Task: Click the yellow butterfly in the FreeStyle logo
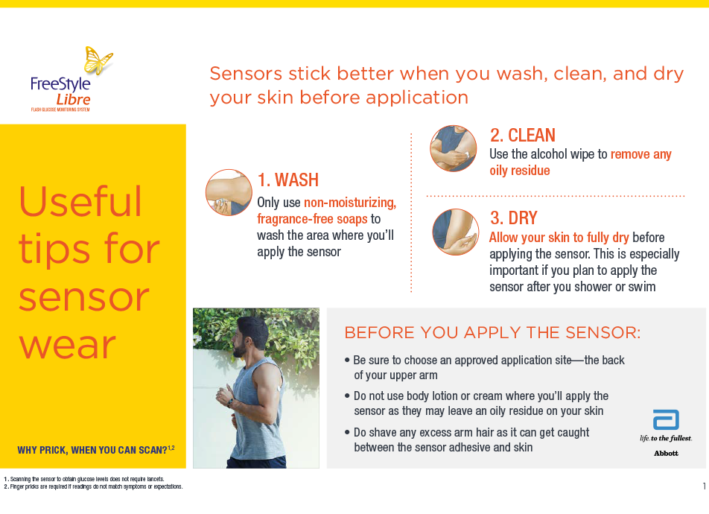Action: point(98,60)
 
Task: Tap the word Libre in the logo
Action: point(73,100)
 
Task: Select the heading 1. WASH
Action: point(288,180)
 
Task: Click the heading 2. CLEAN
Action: point(522,136)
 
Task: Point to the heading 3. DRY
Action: point(514,218)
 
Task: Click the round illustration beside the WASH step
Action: point(229,192)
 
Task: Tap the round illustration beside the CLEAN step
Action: point(453,148)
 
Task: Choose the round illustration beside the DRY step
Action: point(455,232)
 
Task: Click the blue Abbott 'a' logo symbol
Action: point(666,420)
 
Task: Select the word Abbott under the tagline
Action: point(666,454)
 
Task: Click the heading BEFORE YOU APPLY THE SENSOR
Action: point(492,332)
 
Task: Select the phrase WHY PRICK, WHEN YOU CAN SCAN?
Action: point(92,450)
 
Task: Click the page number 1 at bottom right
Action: point(704,486)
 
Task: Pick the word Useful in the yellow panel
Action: point(80,202)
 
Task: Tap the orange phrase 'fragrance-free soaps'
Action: point(313,219)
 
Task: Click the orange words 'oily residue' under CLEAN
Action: point(520,171)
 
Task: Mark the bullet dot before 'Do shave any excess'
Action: point(347,432)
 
